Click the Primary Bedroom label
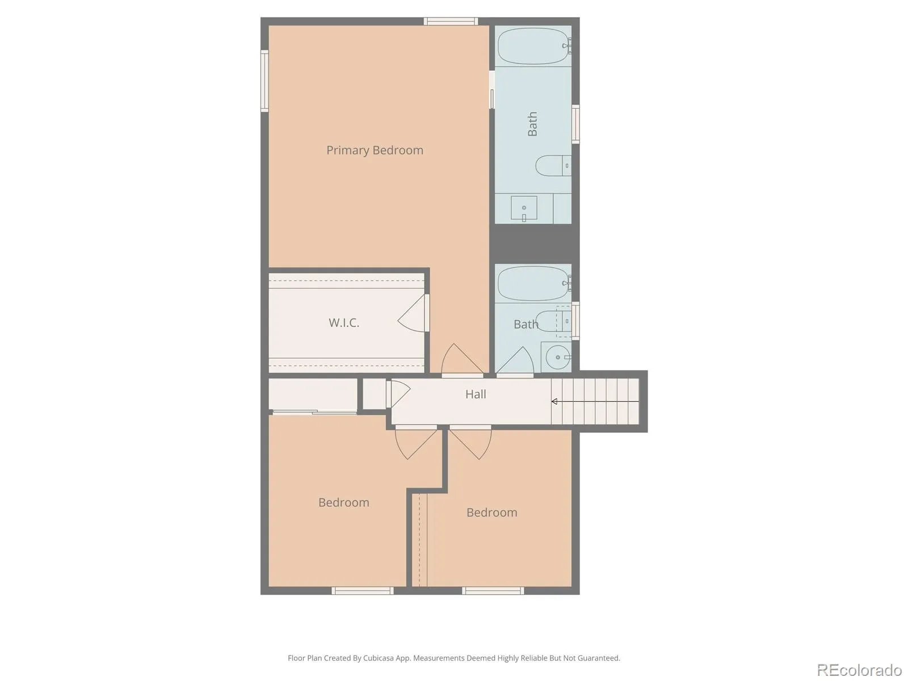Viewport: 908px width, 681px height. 375,150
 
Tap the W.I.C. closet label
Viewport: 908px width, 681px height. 344,322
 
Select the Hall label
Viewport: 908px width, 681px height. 476,394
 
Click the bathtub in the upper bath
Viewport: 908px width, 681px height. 534,46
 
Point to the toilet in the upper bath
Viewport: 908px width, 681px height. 553,166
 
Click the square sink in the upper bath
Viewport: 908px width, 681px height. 524,208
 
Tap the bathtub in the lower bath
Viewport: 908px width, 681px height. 534,283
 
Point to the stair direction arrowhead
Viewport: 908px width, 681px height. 554,401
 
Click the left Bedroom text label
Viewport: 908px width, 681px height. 343,502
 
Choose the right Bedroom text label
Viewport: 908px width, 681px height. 492,512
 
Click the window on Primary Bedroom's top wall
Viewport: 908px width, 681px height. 451,21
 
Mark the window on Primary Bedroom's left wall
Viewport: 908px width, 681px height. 264,81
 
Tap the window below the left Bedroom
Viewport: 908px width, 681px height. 363,591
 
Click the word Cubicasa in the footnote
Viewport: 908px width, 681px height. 378,658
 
